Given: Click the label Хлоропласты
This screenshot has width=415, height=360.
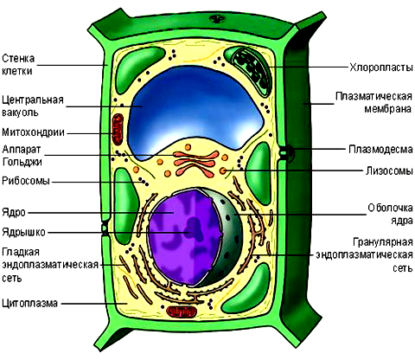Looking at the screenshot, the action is (381, 67).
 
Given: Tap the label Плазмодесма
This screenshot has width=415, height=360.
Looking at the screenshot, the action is (380, 150).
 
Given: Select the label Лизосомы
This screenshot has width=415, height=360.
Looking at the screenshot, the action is (389, 170).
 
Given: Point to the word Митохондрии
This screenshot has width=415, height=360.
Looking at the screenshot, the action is (33, 132).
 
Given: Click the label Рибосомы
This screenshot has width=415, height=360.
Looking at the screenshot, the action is (26, 181).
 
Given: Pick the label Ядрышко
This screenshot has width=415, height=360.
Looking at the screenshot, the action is (23, 232).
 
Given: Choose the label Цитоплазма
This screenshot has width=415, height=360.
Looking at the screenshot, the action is (29, 304).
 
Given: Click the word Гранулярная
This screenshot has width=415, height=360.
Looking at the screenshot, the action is (383, 242).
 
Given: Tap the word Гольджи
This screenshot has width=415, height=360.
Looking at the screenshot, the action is (22, 162).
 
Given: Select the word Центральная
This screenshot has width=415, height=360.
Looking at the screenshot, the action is (33, 100).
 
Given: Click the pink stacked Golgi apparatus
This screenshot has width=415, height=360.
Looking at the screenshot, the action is (195, 164).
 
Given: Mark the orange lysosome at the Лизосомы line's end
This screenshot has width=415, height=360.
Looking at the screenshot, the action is (223, 170).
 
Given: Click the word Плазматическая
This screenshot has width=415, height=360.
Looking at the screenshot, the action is (374, 97).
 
